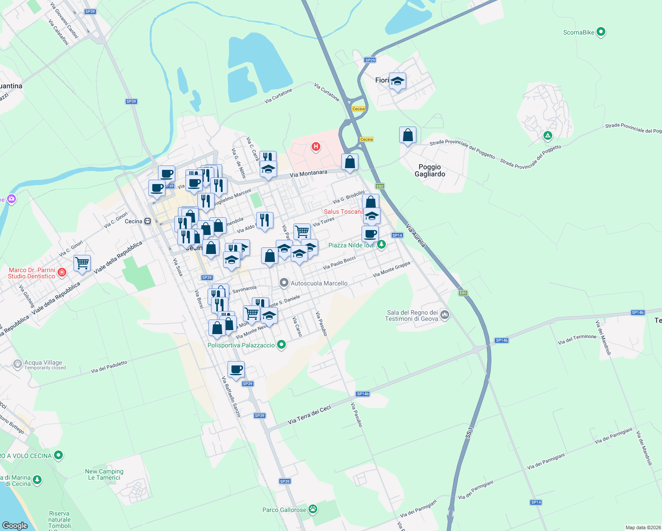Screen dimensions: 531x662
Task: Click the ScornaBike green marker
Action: coord(600,32)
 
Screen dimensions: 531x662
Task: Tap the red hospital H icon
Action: coord(316,146)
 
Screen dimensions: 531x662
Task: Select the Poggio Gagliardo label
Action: coord(430,170)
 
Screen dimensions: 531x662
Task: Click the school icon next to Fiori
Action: coord(397,81)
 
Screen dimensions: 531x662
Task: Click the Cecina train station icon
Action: coord(148,221)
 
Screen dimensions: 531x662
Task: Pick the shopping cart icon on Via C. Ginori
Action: coord(82,263)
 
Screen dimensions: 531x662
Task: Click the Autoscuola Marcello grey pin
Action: coord(284,283)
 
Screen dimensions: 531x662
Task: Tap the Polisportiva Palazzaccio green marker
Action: coord(281,345)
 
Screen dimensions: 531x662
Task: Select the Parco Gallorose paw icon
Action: coord(313,509)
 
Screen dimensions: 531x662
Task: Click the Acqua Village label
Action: coord(43,362)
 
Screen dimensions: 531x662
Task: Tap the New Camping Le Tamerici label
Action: coord(104,474)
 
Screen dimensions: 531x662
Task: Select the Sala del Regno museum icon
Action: coord(445,315)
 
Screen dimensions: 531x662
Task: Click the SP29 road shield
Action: coord(370,60)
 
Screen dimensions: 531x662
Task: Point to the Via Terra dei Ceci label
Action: coord(309,415)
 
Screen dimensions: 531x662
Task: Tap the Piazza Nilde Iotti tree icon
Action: coord(381,245)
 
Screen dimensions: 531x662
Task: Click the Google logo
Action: coord(15,525)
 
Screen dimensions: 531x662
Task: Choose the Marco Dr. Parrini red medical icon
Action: coord(62,273)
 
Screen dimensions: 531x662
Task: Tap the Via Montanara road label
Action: coord(308,173)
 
